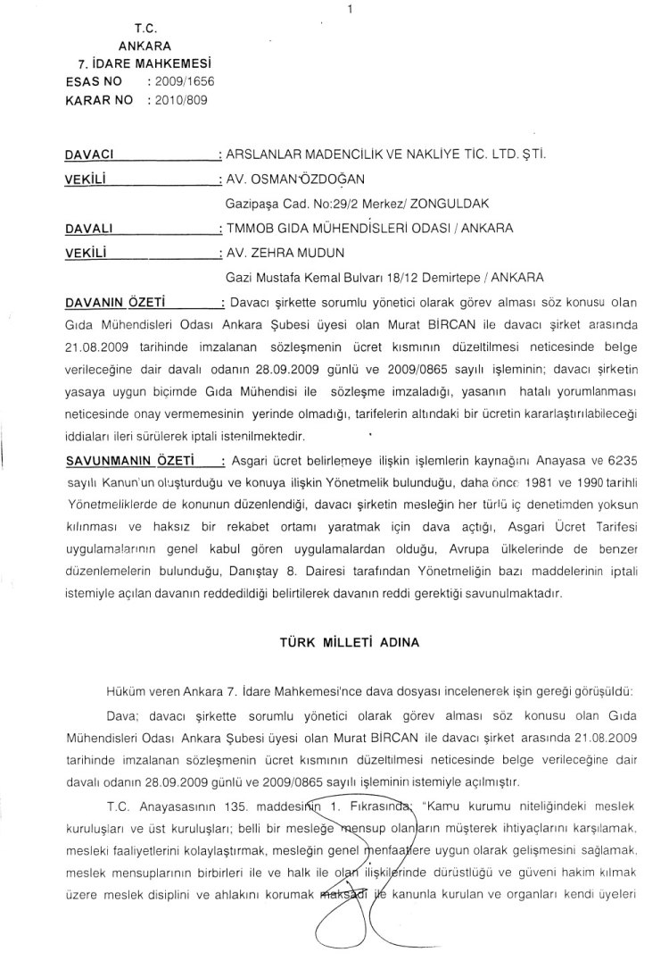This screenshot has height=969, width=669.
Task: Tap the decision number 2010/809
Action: coord(180,100)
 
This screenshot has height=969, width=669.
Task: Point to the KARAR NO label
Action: coord(99,100)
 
